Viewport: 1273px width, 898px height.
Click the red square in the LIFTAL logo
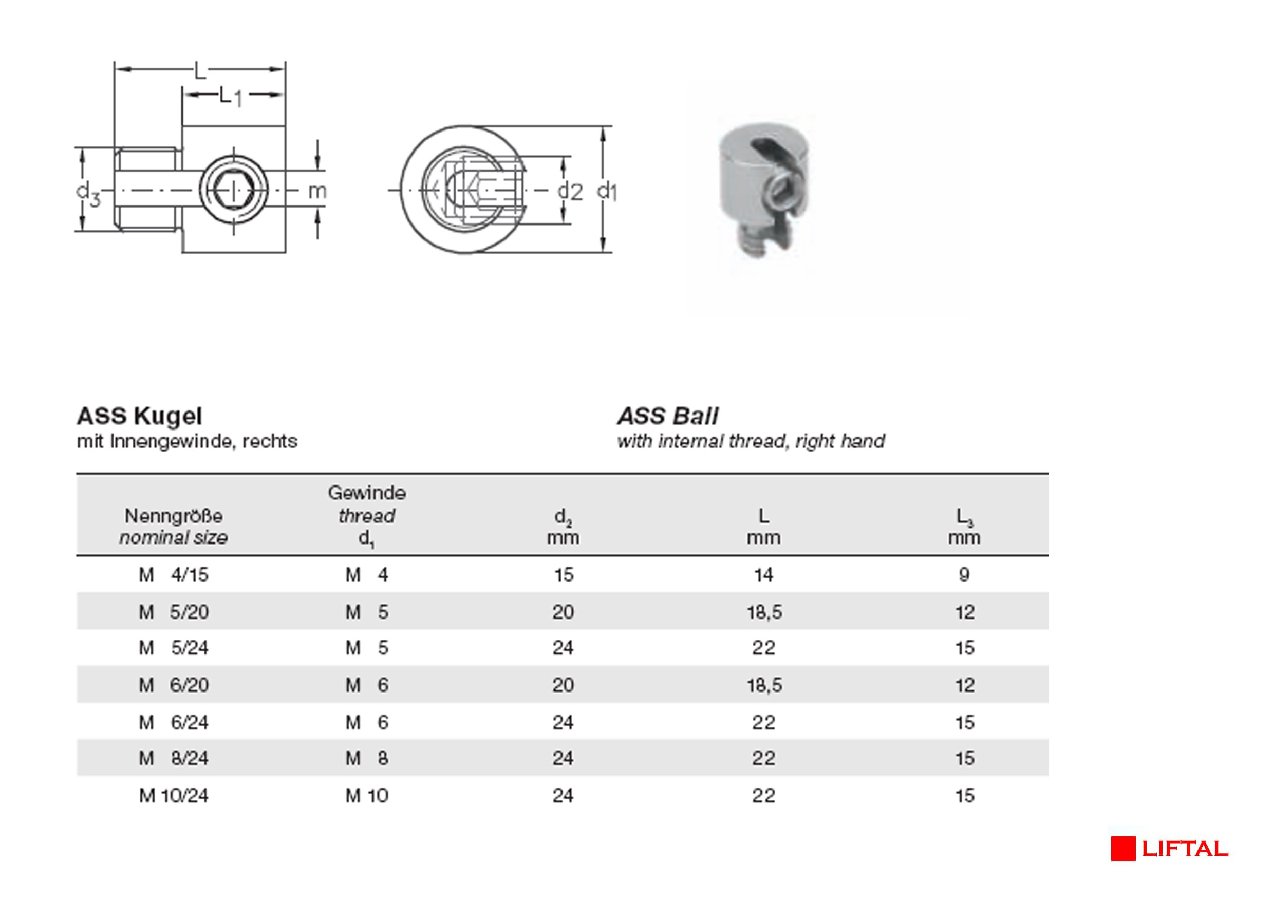click(1123, 849)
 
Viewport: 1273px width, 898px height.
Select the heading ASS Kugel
click(139, 416)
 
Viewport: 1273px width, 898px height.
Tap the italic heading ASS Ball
click(667, 416)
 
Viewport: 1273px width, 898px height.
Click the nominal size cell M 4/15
click(174, 575)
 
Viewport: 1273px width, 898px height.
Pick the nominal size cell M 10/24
click(174, 796)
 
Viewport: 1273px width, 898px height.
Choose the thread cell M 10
click(366, 796)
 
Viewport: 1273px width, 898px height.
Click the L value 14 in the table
click(763, 575)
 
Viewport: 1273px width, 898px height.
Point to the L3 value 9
click(964, 575)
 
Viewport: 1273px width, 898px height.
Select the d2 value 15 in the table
click(564, 575)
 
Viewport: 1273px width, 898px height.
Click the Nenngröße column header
click(174, 517)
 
